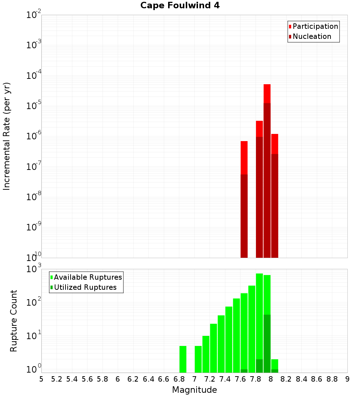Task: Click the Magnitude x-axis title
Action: pos(194,390)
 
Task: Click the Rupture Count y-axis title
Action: pos(14,321)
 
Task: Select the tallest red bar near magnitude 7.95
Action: pos(267,94)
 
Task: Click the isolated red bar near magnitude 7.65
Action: pos(244,158)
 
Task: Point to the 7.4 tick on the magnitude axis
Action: pos(225,379)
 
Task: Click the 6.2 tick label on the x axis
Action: pos(133,379)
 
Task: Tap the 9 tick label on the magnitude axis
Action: pos(347,379)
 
